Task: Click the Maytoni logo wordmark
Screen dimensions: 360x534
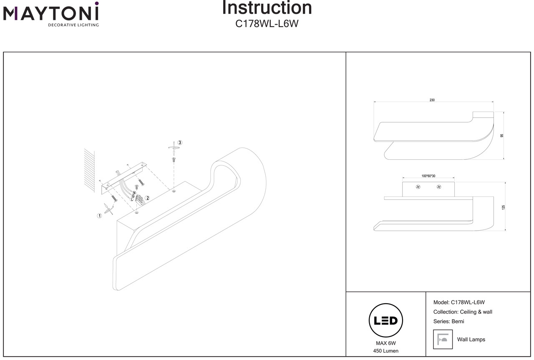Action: (x=51, y=14)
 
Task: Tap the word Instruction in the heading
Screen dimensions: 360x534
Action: (x=267, y=8)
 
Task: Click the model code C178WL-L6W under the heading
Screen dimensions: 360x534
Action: (x=267, y=24)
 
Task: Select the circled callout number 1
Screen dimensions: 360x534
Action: (x=99, y=216)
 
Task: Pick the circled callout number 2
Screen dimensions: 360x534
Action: (x=147, y=198)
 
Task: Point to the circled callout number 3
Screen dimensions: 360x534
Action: (x=180, y=143)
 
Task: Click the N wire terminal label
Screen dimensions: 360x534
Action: (x=134, y=192)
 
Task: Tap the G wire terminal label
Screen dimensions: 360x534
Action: (x=133, y=196)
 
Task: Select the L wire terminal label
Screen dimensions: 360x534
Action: (x=131, y=199)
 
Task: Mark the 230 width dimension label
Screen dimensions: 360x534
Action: (x=432, y=100)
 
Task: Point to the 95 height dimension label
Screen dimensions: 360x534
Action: (x=502, y=135)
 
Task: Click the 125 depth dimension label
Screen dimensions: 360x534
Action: (x=504, y=207)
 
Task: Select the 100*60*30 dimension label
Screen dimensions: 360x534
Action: (x=428, y=176)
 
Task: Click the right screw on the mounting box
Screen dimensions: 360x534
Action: (x=438, y=187)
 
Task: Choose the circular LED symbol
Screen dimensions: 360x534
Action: (x=385, y=320)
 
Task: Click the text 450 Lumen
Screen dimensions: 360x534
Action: (x=385, y=351)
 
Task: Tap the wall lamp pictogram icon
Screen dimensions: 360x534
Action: (x=443, y=339)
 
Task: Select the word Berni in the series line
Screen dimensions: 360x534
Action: (x=457, y=321)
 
